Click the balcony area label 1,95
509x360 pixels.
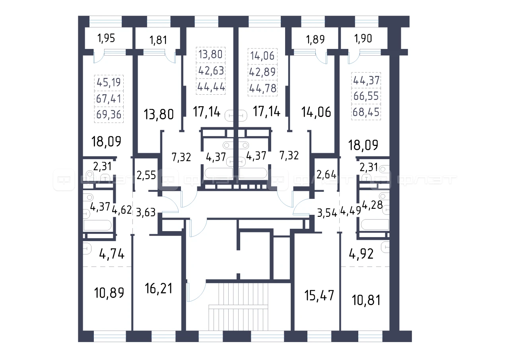(x=106, y=38)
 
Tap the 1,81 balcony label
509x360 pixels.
(x=158, y=40)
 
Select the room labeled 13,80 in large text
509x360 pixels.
(x=159, y=114)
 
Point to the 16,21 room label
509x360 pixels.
(x=159, y=288)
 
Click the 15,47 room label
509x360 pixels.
(x=319, y=295)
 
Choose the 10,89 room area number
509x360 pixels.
(x=109, y=293)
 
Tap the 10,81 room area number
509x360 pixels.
(x=366, y=300)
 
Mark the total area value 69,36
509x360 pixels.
(x=109, y=114)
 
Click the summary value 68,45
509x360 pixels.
(x=366, y=112)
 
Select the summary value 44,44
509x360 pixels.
(x=211, y=87)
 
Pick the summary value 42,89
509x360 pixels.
(x=262, y=72)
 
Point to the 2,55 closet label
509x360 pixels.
(x=146, y=175)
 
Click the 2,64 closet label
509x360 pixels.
(x=326, y=175)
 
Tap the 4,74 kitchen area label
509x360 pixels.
(x=112, y=254)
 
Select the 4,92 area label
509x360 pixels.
(x=361, y=254)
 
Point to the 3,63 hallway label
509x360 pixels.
(x=146, y=212)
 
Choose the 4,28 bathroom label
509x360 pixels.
(x=372, y=205)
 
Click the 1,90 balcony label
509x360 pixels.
(x=363, y=39)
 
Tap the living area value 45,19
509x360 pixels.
(x=109, y=82)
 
